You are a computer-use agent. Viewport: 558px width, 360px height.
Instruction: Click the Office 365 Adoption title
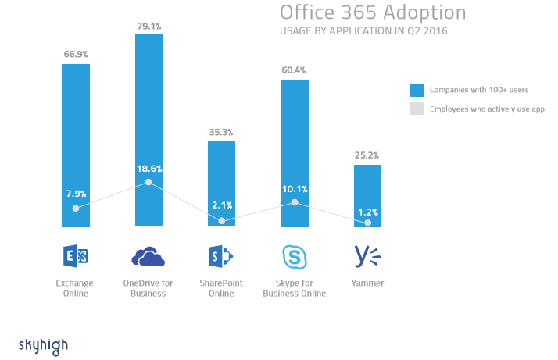tap(373, 13)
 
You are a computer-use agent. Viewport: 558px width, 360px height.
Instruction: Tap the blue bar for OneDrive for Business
tap(148, 102)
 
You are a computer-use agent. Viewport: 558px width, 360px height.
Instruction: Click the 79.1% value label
tap(148, 26)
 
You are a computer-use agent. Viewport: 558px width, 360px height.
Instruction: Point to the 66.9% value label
tap(76, 55)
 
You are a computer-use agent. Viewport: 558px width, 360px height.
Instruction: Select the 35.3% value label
tap(221, 132)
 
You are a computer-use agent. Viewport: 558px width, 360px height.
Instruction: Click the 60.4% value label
tap(295, 70)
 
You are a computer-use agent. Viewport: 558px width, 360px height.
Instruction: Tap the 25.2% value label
tap(367, 155)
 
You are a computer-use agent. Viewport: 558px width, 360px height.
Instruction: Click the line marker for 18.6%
tap(148, 183)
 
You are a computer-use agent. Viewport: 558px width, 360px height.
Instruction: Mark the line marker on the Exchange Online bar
tap(76, 209)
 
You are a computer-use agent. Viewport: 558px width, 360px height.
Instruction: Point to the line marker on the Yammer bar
tap(367, 223)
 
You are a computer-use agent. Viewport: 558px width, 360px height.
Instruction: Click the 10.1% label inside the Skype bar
tap(295, 188)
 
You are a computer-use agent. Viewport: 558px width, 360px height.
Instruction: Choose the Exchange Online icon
tap(75, 255)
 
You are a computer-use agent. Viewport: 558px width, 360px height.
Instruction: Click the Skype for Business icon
tap(294, 256)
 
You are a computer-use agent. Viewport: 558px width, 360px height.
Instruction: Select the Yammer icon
tap(367, 256)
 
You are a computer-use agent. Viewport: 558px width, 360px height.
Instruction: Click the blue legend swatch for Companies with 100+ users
tap(417, 89)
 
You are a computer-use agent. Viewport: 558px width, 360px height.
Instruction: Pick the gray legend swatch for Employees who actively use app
tap(417, 109)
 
